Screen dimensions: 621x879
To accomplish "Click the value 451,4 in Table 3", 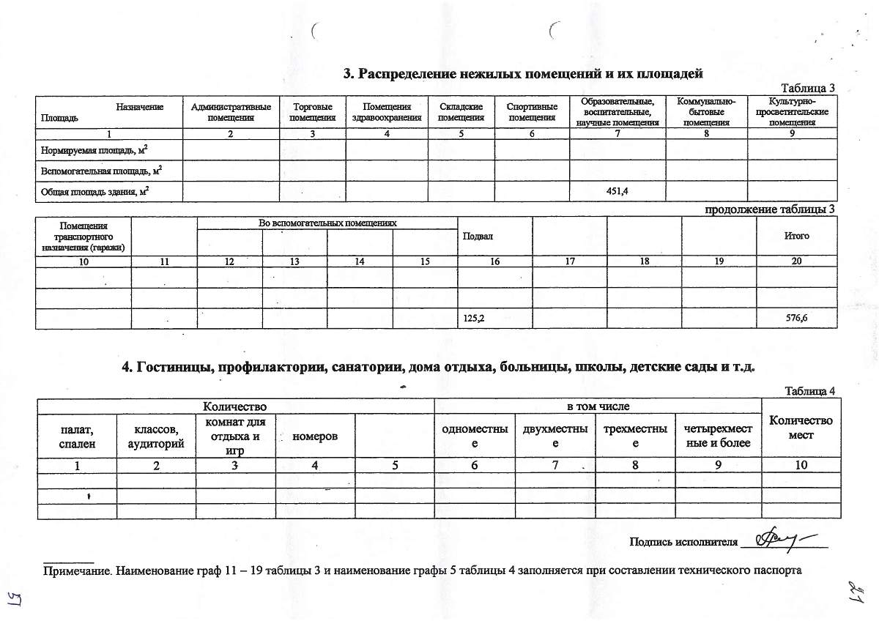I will [617, 192].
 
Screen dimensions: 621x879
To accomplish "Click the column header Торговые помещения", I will [312, 112].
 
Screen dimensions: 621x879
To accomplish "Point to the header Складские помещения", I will [461, 112].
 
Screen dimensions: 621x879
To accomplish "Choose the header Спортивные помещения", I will [533, 112].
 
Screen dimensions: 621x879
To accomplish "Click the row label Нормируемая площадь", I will [100, 149].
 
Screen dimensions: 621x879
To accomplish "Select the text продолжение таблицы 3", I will [769, 209].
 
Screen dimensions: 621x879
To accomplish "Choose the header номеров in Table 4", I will [315, 436].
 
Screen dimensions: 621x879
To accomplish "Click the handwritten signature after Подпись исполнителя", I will [780, 540].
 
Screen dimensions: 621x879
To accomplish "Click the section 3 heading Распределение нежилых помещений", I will [524, 73].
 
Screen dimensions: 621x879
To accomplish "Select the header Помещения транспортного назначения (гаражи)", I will [84, 237].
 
